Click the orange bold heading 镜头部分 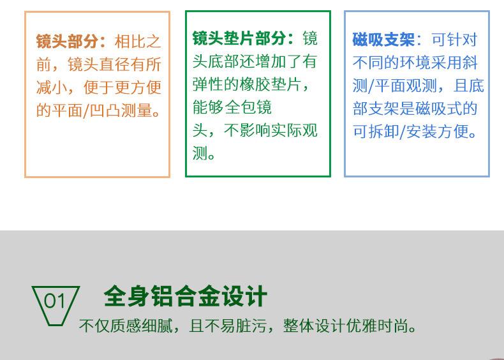pyautogui.click(x=67, y=41)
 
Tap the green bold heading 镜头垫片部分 pyautogui.click(x=239, y=38)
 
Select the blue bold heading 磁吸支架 pyautogui.click(x=383, y=40)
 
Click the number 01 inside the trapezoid pyautogui.click(x=55, y=301)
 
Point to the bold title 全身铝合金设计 pyautogui.click(x=186, y=296)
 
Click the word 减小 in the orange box pyautogui.click(x=52, y=87)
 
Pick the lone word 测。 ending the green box pyautogui.click(x=204, y=153)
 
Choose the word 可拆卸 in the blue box pyautogui.click(x=375, y=131)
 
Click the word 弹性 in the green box pyautogui.click(x=208, y=85)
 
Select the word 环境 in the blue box pyautogui.click(x=415, y=63)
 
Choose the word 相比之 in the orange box pyautogui.click(x=138, y=41)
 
